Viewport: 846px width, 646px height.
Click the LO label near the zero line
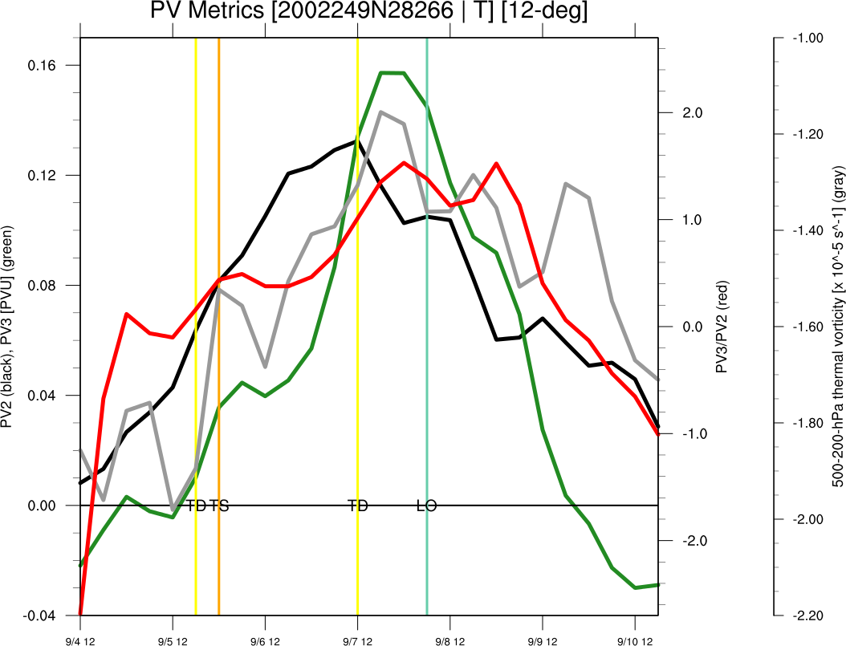tap(426, 506)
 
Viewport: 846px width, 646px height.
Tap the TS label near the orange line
tap(219, 506)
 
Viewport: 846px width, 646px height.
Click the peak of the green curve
tap(392, 73)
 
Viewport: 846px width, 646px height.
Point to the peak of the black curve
tap(356, 141)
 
